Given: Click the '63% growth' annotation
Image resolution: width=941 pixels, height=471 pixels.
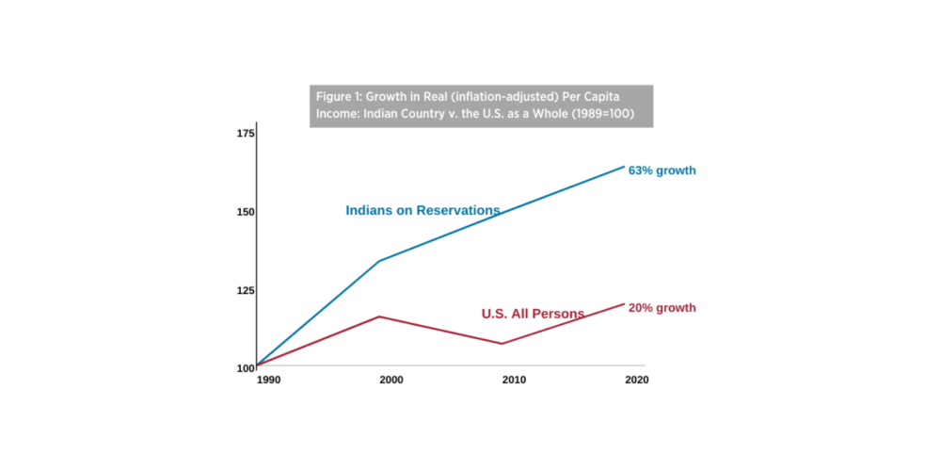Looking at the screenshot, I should coord(662,171).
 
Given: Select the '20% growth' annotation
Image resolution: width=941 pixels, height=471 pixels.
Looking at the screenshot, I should coord(662,308).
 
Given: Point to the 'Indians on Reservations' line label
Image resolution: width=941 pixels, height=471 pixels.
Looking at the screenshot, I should coord(423,211).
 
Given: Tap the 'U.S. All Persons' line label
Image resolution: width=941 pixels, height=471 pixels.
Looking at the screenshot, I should coord(533,314).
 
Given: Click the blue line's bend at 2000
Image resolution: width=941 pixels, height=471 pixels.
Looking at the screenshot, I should coord(379,261).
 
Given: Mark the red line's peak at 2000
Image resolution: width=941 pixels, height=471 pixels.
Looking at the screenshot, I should coord(379,317).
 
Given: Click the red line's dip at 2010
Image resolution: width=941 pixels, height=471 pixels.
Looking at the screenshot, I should coord(502,344).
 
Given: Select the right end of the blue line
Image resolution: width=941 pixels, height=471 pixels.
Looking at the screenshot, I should coord(624,167).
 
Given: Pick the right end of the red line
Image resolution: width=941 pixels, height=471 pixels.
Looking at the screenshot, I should coord(624,303).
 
